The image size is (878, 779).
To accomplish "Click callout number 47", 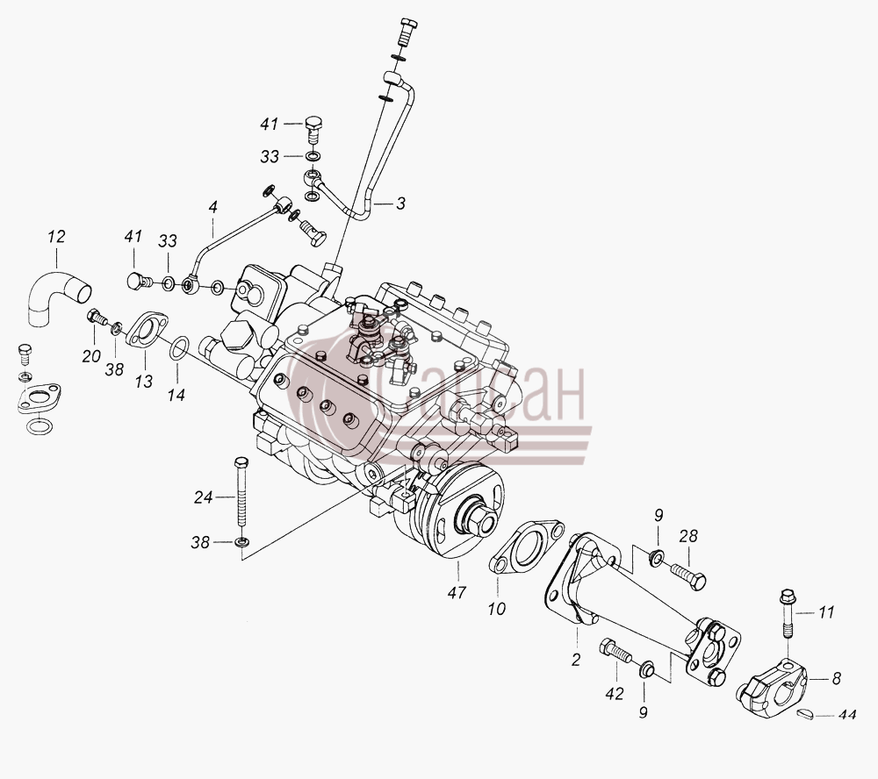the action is pyautogui.click(x=457, y=593).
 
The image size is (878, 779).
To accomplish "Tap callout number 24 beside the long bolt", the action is pyautogui.click(x=204, y=497).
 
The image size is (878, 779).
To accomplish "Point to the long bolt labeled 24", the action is pyautogui.click(x=241, y=491).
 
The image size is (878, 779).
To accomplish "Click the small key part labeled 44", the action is pyautogui.click(x=804, y=714).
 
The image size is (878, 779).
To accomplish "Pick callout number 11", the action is pyautogui.click(x=826, y=612).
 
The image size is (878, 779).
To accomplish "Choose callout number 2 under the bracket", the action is pyautogui.click(x=576, y=661).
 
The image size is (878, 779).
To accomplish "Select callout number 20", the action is pyautogui.click(x=91, y=356).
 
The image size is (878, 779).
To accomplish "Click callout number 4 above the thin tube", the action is pyautogui.click(x=212, y=207).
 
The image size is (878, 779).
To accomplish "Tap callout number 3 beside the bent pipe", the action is pyautogui.click(x=399, y=204).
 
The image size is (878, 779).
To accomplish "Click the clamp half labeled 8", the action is pyautogui.click(x=771, y=686).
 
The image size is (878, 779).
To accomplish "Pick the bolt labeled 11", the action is pyautogui.click(x=787, y=613).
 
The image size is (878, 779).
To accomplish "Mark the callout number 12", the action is pyautogui.click(x=56, y=236).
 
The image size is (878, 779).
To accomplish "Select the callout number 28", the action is pyautogui.click(x=688, y=536).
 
